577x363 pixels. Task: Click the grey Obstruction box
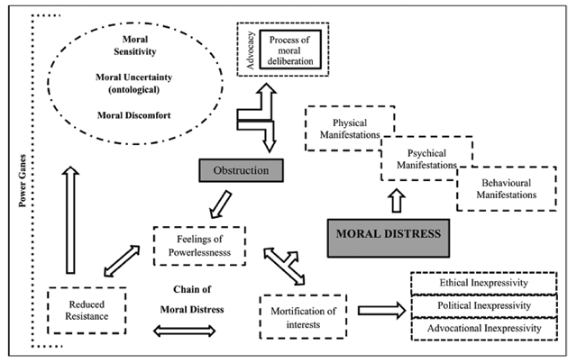[242, 169]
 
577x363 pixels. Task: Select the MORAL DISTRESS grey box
[389, 235]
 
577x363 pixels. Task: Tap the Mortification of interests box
[302, 315]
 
